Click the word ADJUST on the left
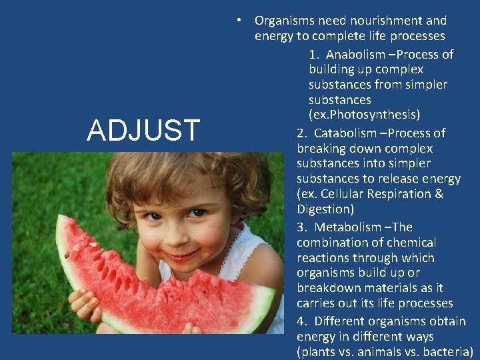pyautogui.click(x=143, y=130)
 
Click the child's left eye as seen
pyautogui.click(x=153, y=216)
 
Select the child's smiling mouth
pyautogui.click(x=179, y=255)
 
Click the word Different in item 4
pyautogui.click(x=343, y=321)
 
